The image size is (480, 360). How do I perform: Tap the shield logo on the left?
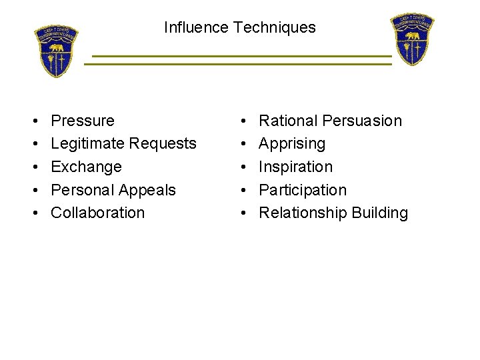pos(57,51)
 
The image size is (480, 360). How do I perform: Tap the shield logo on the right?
pos(412,39)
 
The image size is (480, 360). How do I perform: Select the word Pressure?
pos(83,121)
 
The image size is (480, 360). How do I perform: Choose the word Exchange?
pos(86,167)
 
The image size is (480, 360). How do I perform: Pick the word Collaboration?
pos(97,213)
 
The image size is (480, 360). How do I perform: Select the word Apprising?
pos(292,144)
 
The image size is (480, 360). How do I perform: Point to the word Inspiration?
pos(295,167)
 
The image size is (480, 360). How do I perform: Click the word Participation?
pos(303,190)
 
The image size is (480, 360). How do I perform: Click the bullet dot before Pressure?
pos(33,121)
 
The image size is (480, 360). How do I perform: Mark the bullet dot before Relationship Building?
pos(245,213)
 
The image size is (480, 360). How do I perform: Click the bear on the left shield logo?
pos(56,48)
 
